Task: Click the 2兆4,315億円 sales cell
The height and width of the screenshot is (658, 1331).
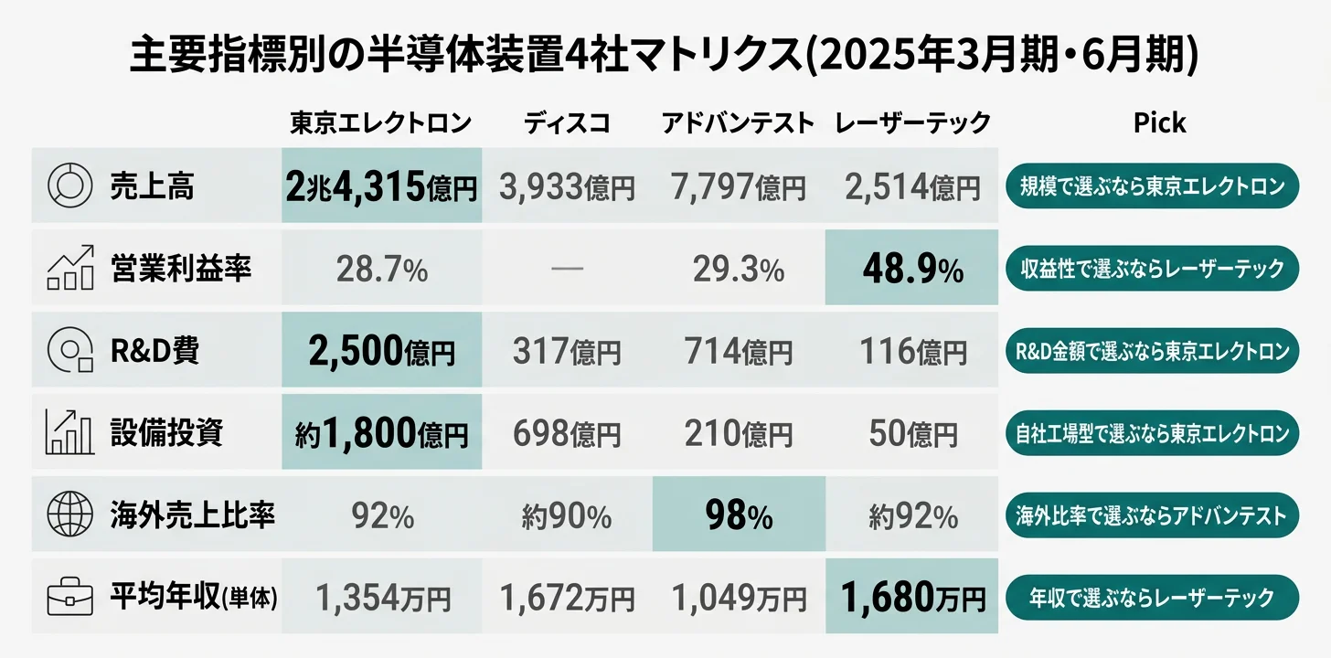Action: click(381, 187)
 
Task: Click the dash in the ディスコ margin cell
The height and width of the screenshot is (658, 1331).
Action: click(567, 269)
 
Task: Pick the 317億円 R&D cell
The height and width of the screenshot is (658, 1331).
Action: click(567, 351)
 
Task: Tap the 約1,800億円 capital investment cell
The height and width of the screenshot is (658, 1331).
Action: click(381, 433)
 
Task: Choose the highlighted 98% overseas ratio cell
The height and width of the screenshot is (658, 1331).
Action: click(738, 516)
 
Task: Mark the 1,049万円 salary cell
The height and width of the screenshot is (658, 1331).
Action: click(738, 599)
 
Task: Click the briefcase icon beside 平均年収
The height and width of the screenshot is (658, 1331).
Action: click(69, 599)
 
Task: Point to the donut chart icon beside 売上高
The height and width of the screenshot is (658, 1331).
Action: click(69, 186)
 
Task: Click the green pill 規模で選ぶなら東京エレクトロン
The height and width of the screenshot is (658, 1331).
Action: click(1152, 186)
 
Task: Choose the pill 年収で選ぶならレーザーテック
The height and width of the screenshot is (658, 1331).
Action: click(1152, 599)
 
